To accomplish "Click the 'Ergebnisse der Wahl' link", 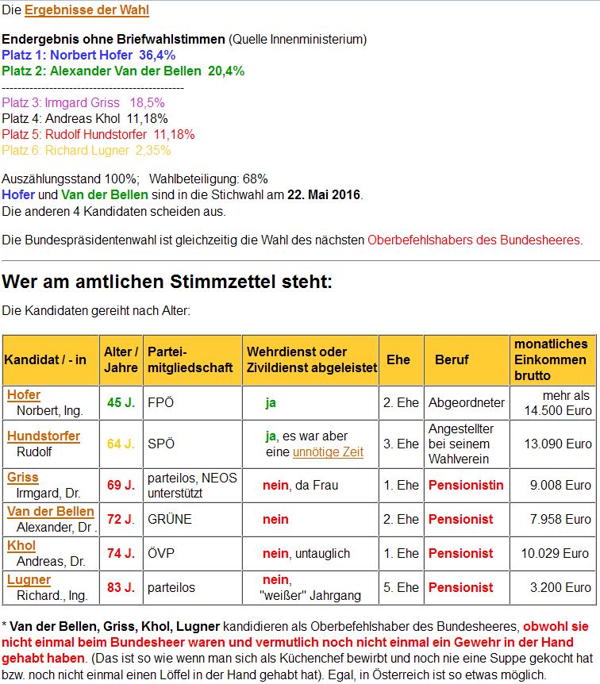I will (87, 10).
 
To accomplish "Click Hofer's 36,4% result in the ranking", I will (157, 55).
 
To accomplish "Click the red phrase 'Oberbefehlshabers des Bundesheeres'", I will (474, 240).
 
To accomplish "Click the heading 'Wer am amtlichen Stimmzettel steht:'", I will (167, 282).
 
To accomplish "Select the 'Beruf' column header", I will (452, 359).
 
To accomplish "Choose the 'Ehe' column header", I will (398, 359).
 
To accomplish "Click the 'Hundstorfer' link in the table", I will (44, 436).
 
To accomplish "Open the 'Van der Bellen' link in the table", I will (51, 512).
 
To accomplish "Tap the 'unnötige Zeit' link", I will (328, 452).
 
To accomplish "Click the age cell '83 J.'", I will (121, 588).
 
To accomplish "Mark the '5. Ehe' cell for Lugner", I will (401, 588).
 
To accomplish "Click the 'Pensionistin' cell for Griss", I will (466, 485).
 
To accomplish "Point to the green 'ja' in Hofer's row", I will (271, 402).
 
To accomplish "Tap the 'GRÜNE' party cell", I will (169, 519).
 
